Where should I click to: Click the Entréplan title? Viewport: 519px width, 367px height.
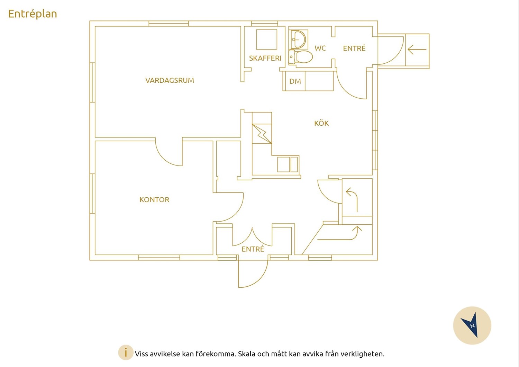pos(33,14)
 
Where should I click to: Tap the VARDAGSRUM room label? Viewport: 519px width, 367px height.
pos(170,80)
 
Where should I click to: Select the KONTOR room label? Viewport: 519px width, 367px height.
pos(154,200)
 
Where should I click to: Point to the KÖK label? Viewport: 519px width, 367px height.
pos(321,123)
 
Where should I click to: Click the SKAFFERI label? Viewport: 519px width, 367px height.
pos(265,58)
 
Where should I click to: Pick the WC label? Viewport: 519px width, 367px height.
pos(320,48)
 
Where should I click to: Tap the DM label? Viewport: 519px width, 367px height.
pos(295,81)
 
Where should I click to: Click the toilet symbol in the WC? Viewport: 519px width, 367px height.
pos(301,56)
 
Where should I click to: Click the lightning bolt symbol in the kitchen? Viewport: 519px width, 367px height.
pos(262,134)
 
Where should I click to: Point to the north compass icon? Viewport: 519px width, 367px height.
pos(472,325)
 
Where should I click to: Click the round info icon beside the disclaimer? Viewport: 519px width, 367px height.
pos(126,352)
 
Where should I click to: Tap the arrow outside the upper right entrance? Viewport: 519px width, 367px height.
pos(417,50)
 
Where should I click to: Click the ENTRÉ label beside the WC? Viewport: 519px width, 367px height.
pos(354,48)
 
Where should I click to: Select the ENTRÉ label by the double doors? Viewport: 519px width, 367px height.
pos(253,249)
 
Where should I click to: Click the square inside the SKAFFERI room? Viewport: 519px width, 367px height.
pos(267,39)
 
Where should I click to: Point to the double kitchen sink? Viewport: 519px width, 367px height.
pos(288,164)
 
